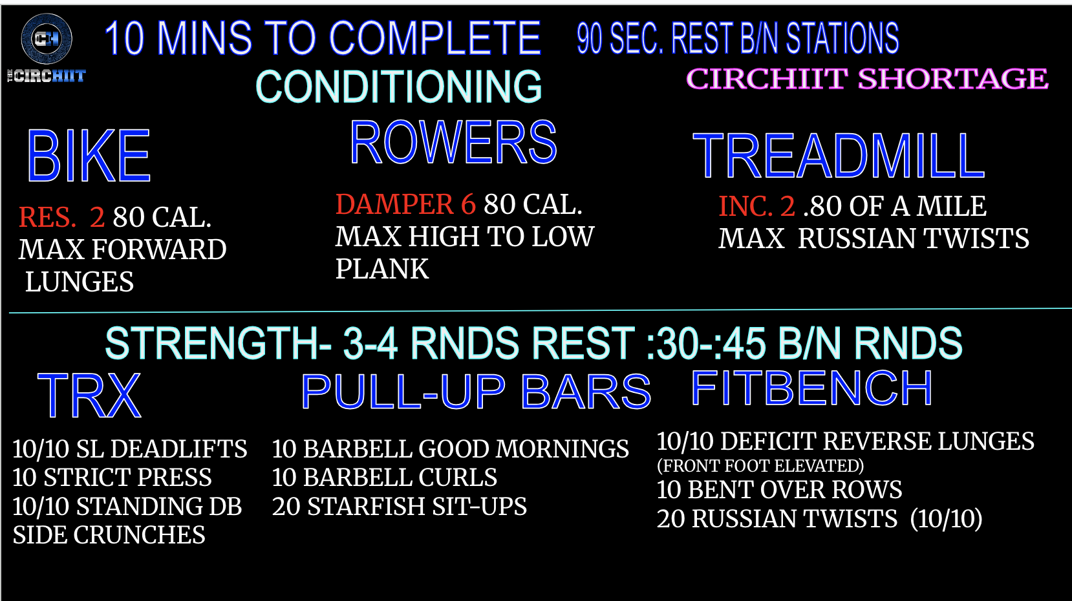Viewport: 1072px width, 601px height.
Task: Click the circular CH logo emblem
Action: tap(47, 39)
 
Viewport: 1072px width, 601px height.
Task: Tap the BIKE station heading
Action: tap(89, 156)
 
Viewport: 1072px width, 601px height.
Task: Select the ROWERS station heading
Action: tap(454, 142)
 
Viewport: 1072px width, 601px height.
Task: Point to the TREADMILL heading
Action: tap(839, 156)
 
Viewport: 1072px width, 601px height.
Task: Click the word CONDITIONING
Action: tap(399, 87)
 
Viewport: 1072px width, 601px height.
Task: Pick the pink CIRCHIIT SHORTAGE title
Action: tap(867, 78)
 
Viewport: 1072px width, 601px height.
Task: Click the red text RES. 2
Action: tap(61, 217)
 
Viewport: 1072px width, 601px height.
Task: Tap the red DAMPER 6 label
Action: tap(406, 204)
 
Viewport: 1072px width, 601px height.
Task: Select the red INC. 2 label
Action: tap(756, 206)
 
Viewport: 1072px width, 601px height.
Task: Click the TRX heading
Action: tap(89, 395)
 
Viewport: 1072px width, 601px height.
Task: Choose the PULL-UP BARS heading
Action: tap(476, 392)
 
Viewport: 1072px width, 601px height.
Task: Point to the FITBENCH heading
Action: tap(812, 388)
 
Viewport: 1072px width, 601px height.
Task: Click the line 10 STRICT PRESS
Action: tap(112, 477)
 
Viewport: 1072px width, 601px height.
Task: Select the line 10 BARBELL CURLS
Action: tap(385, 477)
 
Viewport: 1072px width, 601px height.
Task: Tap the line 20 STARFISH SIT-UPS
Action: tap(399, 506)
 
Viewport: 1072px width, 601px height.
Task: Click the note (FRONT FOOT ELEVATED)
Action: tap(760, 465)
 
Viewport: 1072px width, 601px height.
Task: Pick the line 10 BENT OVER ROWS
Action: tap(779, 489)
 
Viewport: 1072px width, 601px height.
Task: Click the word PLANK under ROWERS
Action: tap(382, 269)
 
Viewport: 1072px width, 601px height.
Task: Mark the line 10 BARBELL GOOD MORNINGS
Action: tap(451, 448)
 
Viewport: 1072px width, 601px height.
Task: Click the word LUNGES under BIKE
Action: tap(80, 282)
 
